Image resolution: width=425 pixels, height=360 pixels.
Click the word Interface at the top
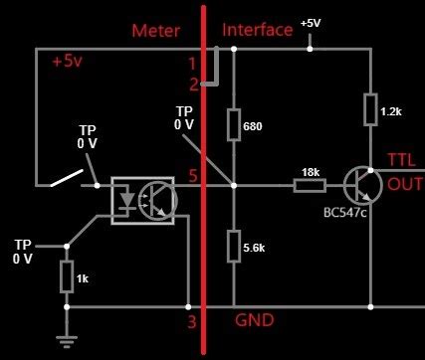258,30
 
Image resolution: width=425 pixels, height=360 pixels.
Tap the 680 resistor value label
252,127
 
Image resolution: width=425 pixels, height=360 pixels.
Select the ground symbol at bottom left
67,340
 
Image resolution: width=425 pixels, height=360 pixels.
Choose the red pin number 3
192,322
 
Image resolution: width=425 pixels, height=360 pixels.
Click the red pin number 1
193,64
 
